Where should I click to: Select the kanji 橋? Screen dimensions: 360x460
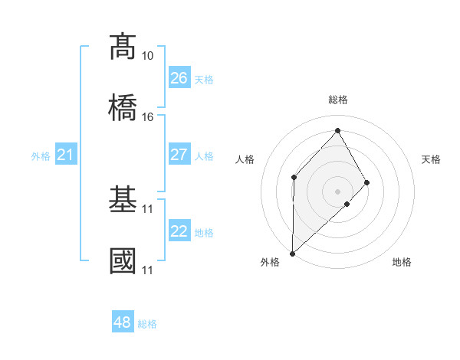(x=123, y=106)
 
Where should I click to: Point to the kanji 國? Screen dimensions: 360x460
(x=123, y=260)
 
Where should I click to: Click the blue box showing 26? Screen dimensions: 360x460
(x=179, y=78)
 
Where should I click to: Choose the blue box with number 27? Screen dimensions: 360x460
(x=179, y=155)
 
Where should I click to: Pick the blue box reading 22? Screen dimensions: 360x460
(x=179, y=231)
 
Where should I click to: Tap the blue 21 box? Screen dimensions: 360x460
(x=66, y=155)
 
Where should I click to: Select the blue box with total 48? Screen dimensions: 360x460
(x=123, y=322)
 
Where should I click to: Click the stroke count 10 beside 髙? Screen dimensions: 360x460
(x=148, y=56)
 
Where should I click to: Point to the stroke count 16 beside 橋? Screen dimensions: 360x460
(x=148, y=117)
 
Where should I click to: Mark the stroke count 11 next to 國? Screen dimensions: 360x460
(x=148, y=270)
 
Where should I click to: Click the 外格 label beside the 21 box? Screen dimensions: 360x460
(x=41, y=156)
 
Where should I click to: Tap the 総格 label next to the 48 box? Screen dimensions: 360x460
(x=147, y=324)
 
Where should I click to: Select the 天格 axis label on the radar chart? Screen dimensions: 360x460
(x=431, y=159)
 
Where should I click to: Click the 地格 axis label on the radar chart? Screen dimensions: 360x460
(x=402, y=262)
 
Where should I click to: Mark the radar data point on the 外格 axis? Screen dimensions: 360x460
(x=292, y=253)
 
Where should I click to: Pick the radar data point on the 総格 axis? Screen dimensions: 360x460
(x=337, y=130)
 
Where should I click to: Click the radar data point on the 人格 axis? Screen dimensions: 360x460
(x=294, y=177)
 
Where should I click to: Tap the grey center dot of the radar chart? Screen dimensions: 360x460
(x=337, y=191)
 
